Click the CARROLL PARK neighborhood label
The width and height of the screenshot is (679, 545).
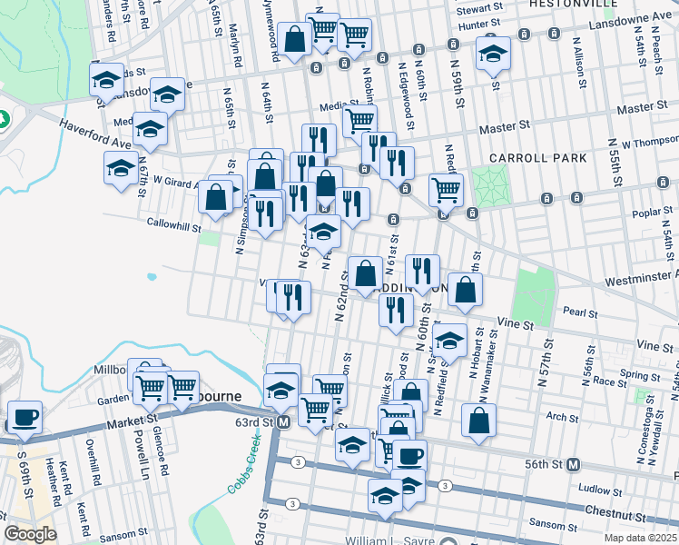tap(537, 157)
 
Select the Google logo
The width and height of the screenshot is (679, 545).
tap(30, 534)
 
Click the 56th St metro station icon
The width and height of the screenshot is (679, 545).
tap(573, 464)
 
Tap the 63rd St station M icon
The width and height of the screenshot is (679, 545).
tap(283, 421)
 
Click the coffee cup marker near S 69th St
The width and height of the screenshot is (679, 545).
tap(25, 416)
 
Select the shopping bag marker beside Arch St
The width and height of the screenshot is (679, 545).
tap(478, 420)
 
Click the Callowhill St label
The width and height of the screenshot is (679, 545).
tap(173, 222)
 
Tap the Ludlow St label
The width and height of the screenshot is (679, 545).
tap(595, 490)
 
